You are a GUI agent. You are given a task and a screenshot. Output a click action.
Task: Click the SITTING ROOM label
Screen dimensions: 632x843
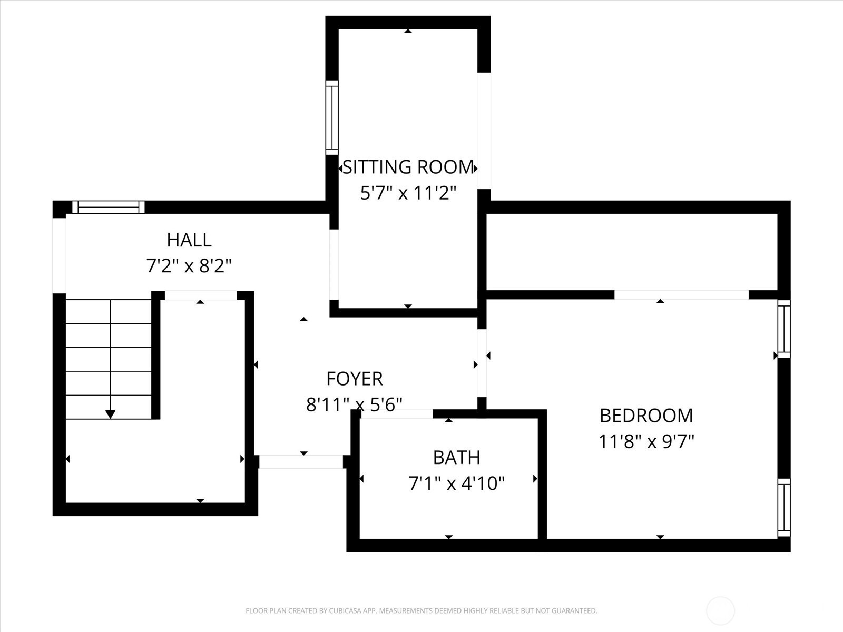408,167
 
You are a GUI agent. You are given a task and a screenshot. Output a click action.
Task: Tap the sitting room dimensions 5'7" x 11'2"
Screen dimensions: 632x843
408,193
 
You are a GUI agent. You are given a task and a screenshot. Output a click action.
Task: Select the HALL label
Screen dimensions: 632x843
189,240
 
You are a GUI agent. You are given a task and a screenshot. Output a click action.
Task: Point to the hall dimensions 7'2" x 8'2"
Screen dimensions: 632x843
189,265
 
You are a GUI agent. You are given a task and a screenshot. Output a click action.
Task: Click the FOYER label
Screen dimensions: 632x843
355,379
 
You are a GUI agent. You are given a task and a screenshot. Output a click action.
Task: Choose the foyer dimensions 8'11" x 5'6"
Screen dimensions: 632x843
355,404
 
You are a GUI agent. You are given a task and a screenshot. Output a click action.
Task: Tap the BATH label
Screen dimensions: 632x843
457,457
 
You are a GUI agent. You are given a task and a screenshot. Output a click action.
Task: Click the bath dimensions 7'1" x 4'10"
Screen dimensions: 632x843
457,483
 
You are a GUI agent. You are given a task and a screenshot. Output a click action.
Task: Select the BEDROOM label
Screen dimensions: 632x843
646,416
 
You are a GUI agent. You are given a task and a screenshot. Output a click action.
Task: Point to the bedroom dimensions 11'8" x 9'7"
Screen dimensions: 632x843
646,441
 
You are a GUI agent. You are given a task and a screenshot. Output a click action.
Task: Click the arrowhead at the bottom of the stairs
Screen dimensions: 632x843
110,414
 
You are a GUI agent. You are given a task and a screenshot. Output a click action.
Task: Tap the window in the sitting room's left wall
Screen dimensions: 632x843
332,117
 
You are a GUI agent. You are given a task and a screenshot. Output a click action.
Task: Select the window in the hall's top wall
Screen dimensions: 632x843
109,207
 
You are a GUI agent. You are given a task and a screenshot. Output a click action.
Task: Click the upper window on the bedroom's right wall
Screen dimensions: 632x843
784,329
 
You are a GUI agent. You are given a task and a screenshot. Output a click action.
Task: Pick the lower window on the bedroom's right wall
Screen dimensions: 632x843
784,507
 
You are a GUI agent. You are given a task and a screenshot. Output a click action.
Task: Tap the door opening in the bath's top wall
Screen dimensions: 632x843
396,414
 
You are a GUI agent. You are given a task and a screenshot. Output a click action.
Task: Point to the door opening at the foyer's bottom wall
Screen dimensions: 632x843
301,462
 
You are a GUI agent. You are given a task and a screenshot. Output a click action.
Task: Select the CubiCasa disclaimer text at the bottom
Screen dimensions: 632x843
421,611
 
